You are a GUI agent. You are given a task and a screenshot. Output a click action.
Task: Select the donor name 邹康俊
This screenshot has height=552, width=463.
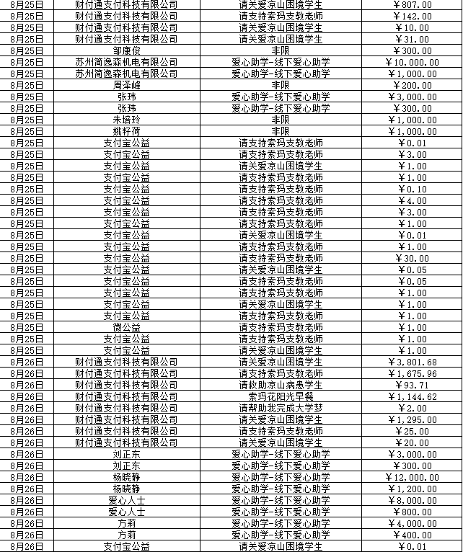click(x=126, y=50)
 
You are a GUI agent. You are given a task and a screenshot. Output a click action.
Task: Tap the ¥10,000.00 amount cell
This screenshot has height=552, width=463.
click(x=413, y=62)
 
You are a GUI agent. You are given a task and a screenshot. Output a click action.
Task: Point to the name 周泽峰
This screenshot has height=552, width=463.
click(x=126, y=85)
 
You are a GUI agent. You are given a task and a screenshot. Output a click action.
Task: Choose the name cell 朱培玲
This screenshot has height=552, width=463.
click(x=126, y=120)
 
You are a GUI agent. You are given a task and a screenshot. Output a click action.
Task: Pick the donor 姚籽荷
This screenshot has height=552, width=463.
click(x=126, y=131)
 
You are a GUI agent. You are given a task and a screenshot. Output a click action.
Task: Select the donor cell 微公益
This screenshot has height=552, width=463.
click(x=126, y=327)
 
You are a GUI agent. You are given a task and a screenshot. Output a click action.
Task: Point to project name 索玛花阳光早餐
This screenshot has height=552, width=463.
click(x=281, y=396)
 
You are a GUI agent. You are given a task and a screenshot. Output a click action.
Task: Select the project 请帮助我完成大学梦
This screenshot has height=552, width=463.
click(x=281, y=408)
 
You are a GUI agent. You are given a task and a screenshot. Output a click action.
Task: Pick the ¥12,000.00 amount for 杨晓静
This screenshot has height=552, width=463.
click(x=413, y=477)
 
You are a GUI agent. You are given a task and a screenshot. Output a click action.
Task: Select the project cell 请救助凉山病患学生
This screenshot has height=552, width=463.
click(x=281, y=385)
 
